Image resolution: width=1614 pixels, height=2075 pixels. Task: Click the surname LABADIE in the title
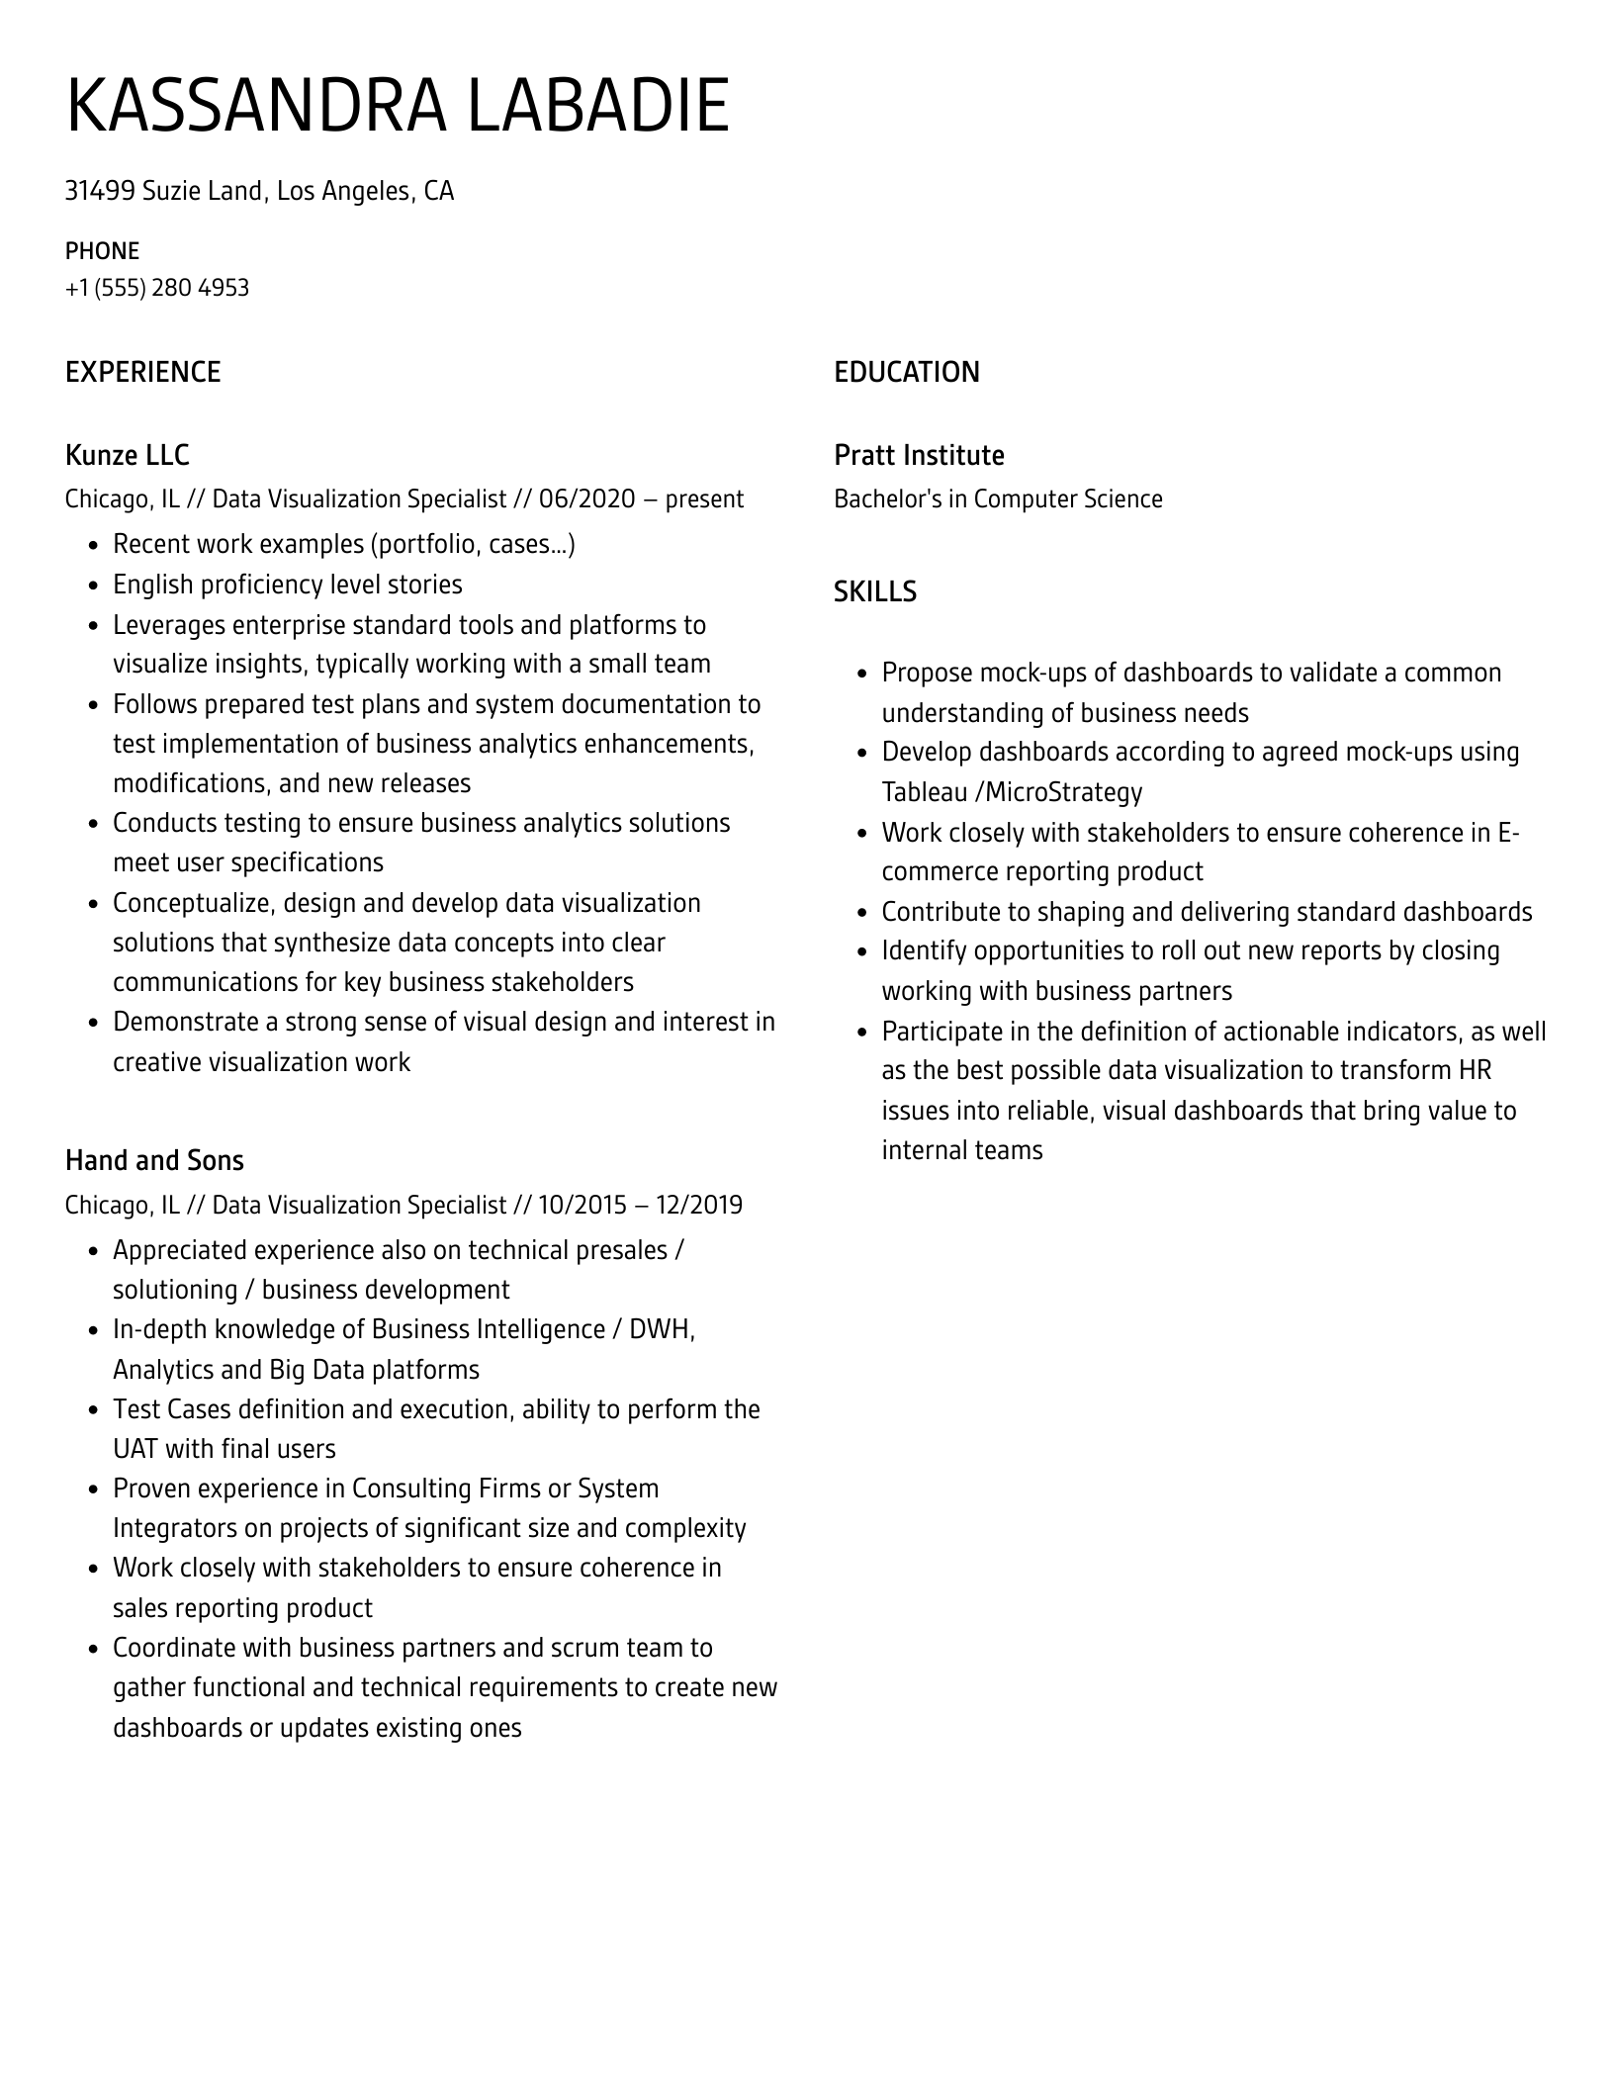[x=597, y=106]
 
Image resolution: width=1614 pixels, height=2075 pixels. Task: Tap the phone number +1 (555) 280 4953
[x=157, y=288]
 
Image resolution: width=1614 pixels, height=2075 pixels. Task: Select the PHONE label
[x=102, y=251]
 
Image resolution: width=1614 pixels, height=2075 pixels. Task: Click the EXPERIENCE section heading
[x=143, y=372]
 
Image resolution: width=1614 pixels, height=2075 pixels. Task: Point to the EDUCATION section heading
[x=907, y=372]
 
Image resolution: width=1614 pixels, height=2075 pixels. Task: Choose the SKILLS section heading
[x=875, y=591]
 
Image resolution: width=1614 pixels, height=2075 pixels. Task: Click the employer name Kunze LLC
[x=127, y=455]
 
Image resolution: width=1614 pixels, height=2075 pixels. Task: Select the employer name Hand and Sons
[x=154, y=1160]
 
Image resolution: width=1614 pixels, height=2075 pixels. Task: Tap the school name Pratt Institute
[x=919, y=455]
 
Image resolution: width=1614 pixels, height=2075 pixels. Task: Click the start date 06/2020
[x=586, y=498]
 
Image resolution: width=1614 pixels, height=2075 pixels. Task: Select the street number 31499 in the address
[x=100, y=191]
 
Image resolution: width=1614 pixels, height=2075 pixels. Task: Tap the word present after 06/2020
[x=704, y=498]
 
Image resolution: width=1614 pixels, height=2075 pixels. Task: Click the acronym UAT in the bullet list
[x=135, y=1449]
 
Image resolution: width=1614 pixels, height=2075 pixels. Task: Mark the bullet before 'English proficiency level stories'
[x=93, y=586]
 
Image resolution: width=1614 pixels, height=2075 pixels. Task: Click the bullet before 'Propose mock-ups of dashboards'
[x=861, y=674]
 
